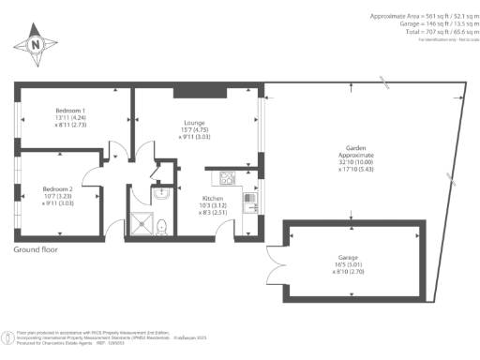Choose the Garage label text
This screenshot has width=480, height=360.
pyautogui.click(x=349, y=257)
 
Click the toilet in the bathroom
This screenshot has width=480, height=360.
pyautogui.click(x=162, y=225)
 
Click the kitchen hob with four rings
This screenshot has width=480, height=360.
pyautogui.click(x=226, y=178)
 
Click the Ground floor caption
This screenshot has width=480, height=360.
pyautogui.click(x=36, y=250)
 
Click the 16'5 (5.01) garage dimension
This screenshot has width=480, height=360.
pyautogui.click(x=349, y=264)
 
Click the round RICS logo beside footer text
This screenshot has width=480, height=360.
pyautogui.click(x=8, y=336)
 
